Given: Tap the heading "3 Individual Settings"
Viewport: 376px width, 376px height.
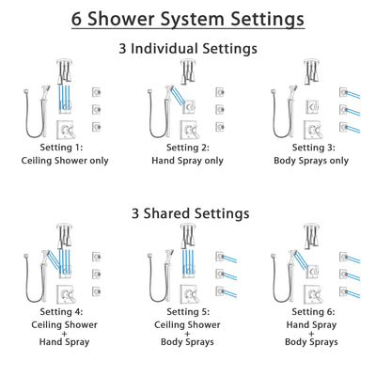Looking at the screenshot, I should pyautogui.click(x=188, y=48).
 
